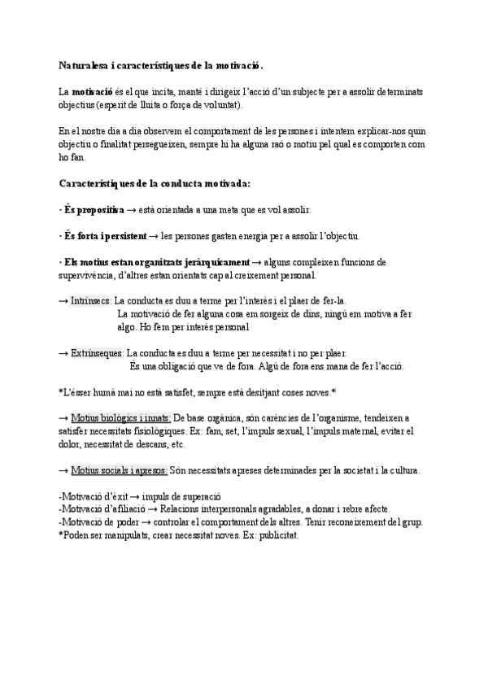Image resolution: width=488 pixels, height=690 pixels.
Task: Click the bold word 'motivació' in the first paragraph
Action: point(93,92)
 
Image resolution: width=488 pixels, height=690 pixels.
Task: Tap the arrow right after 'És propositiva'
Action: point(131,210)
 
